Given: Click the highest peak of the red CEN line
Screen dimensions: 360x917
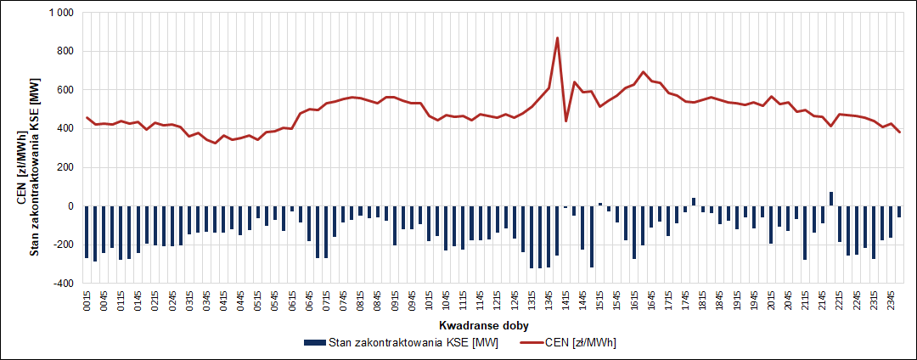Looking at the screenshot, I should (x=557, y=38).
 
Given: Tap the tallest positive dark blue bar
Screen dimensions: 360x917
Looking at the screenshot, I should (x=831, y=199).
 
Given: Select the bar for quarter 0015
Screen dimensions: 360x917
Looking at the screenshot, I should (x=87, y=231).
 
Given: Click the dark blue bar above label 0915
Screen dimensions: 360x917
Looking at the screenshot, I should (x=395, y=225).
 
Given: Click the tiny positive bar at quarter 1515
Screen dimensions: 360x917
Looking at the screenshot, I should (x=600, y=205).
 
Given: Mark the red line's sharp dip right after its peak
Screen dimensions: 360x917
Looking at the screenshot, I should (x=566, y=121).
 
